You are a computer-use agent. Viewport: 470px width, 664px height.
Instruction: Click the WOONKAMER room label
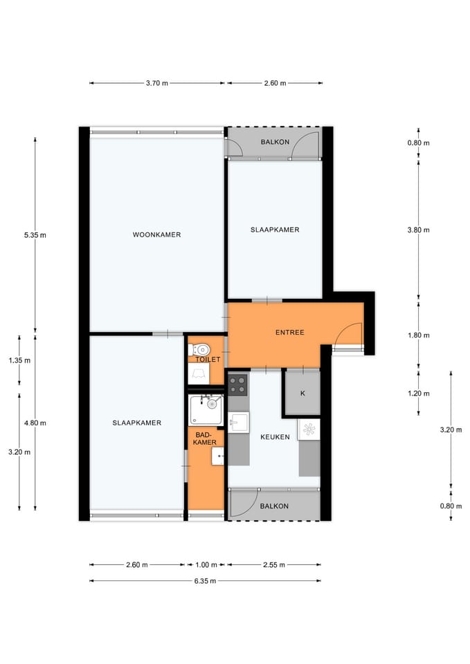156,234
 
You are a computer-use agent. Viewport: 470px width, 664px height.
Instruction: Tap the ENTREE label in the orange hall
289,332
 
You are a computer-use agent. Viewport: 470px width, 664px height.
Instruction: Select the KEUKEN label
274,437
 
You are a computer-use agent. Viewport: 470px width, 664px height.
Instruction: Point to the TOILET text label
208,360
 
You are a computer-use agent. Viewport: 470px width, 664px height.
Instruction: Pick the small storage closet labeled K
302,394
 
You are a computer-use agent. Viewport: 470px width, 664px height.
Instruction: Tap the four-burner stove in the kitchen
238,382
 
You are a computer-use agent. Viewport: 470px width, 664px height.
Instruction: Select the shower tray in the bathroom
206,410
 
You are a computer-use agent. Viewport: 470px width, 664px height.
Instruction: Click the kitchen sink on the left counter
239,422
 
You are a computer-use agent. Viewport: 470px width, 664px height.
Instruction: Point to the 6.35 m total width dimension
206,581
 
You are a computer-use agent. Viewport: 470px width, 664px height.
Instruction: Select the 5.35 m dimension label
35,234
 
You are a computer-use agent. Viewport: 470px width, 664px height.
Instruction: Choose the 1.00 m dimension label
206,564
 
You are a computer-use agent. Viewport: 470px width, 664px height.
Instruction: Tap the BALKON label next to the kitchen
274,506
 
